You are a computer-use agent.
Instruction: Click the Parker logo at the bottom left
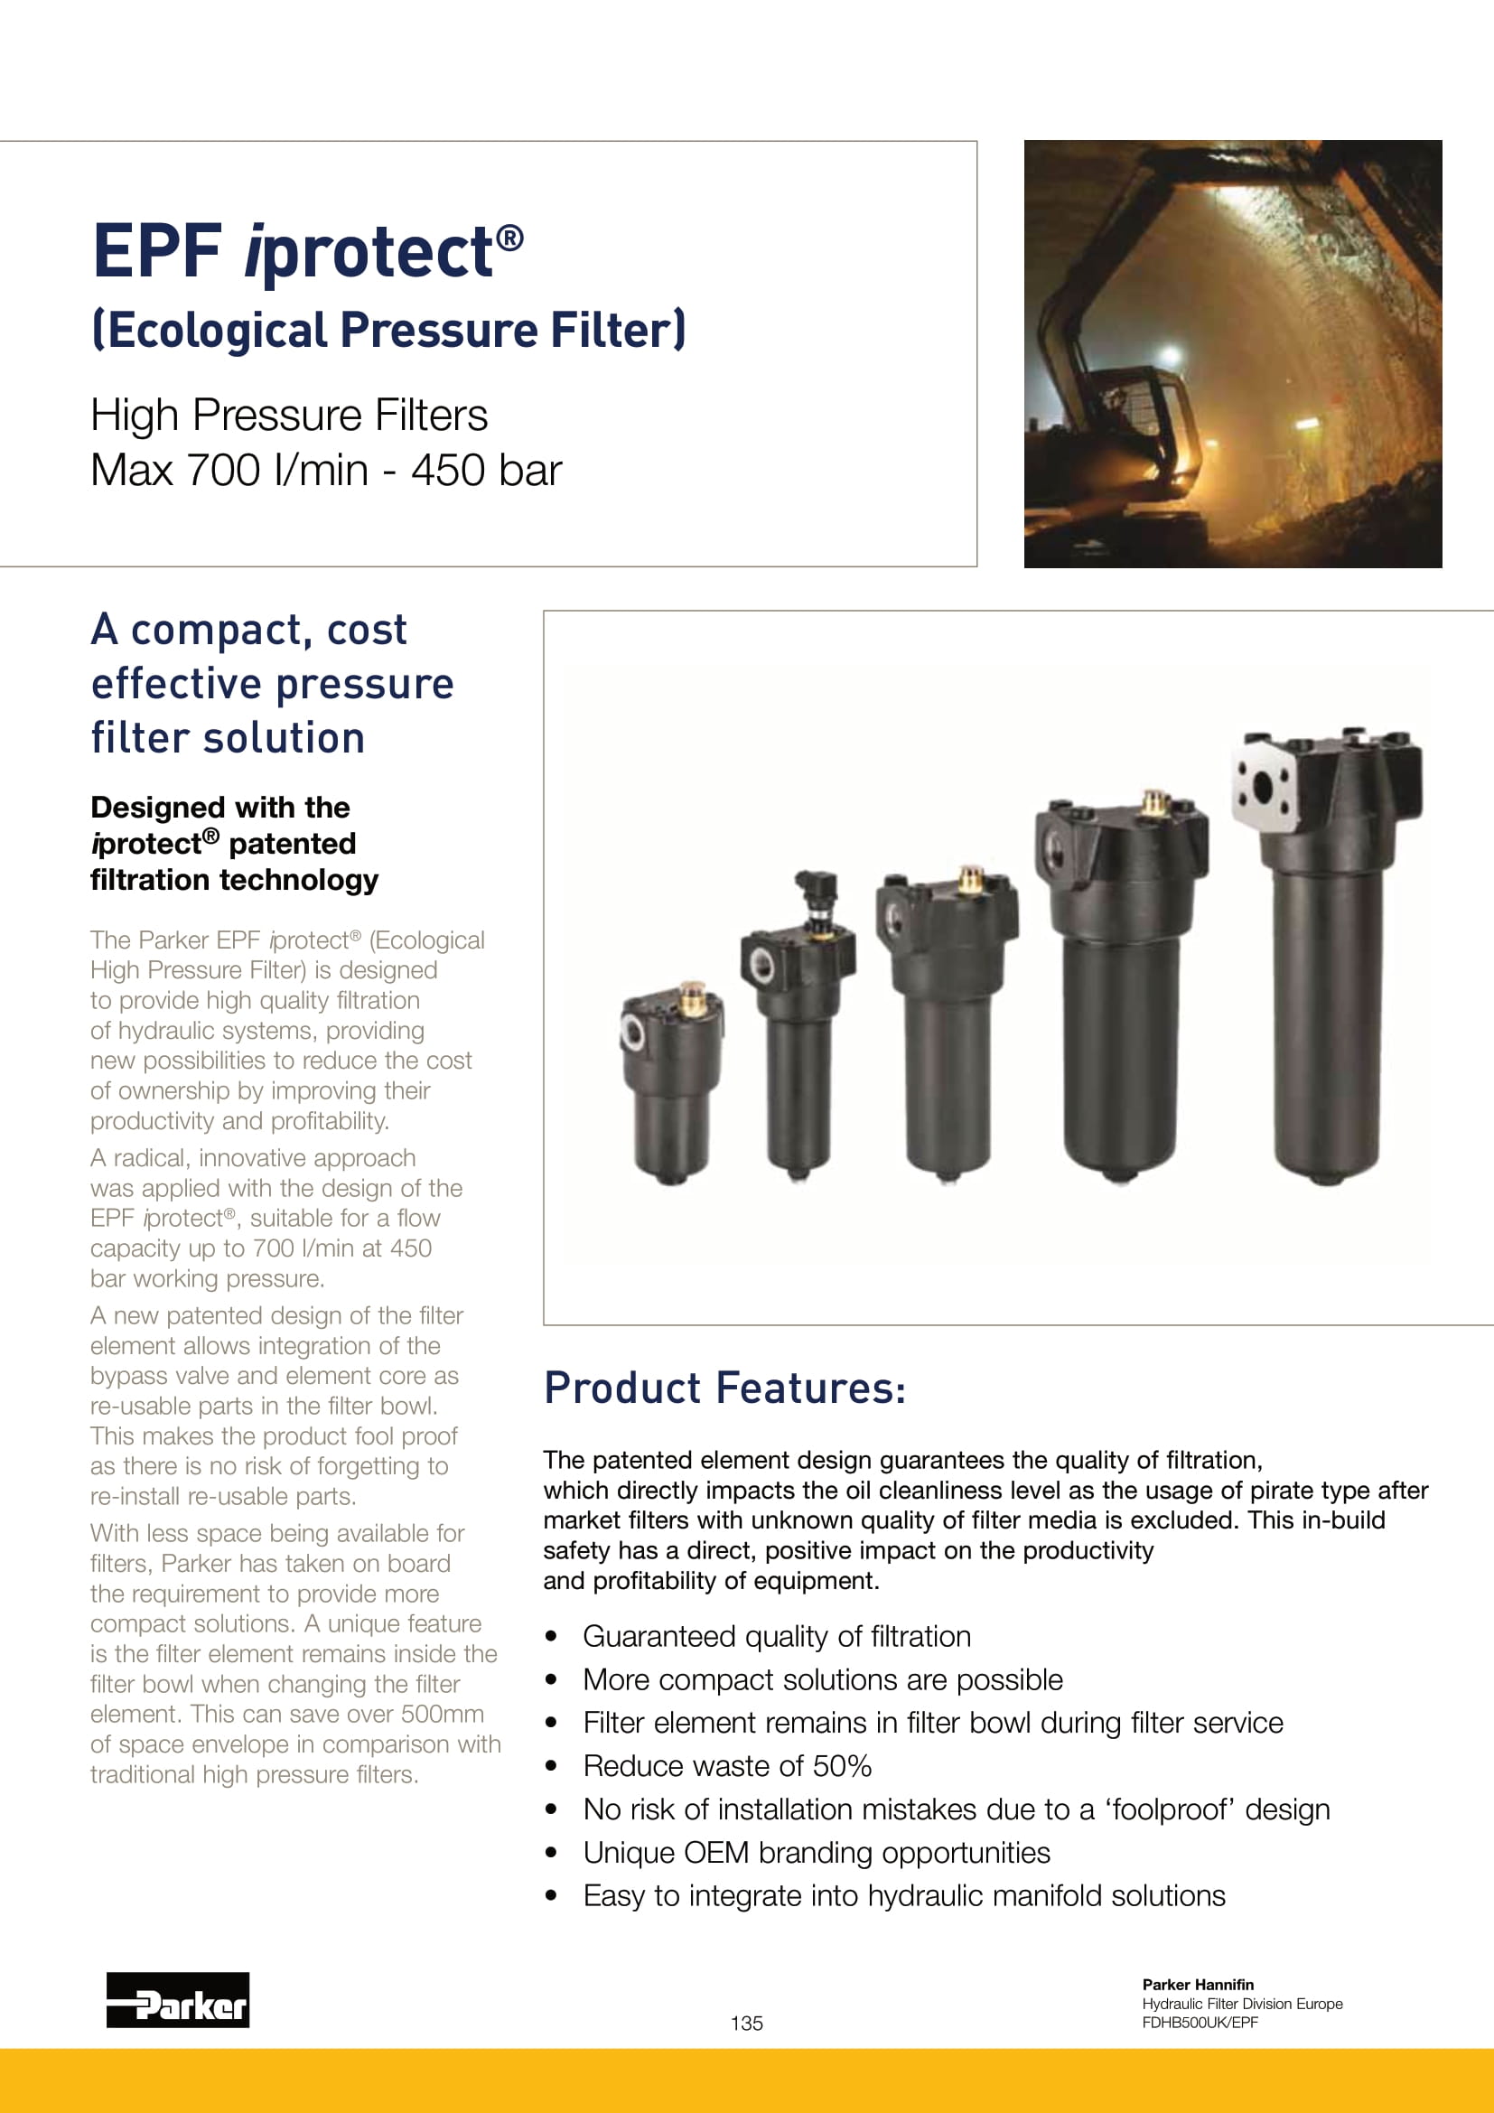[178, 2000]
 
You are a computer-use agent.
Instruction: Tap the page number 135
[746, 2023]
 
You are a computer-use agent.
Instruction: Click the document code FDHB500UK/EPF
[1199, 2022]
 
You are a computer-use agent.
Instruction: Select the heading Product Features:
[724, 1388]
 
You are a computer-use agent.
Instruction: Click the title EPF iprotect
[307, 251]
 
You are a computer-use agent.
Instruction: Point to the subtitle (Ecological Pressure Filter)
[388, 331]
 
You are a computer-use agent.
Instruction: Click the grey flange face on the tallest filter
[1264, 788]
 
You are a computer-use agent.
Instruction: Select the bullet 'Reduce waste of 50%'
[727, 1766]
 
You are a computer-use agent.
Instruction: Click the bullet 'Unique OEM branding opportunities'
[816, 1853]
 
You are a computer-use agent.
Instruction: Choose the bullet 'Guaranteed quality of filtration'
[777, 1636]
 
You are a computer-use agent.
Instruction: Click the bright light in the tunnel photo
[1170, 356]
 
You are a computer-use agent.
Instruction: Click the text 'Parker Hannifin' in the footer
[1197, 1984]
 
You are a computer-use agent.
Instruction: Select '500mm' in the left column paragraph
[439, 1714]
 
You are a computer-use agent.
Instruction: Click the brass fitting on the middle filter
[969, 880]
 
